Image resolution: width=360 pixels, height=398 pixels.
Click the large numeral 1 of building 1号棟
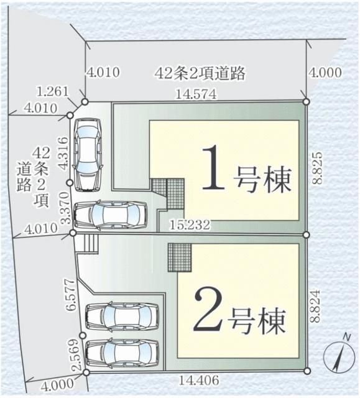213,167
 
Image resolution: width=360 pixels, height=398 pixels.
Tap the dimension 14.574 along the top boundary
196,95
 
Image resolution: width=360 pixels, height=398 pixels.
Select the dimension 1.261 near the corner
52,92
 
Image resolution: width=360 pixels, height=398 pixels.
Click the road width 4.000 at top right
325,73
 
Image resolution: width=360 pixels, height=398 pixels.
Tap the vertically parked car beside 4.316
87,152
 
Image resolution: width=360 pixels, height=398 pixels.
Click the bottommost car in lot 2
121,354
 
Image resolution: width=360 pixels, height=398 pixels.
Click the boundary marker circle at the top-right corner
306,101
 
